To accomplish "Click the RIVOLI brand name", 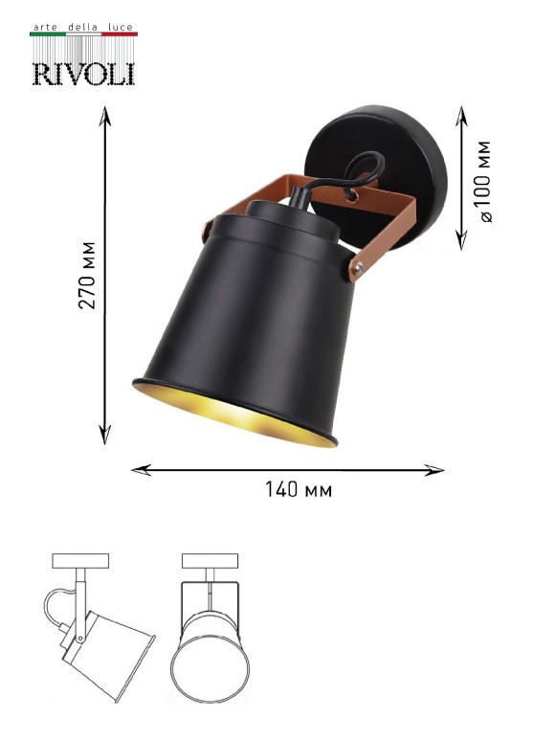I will coord(83,73).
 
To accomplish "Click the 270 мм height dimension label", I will coord(86,278).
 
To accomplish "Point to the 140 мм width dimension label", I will coord(299,491).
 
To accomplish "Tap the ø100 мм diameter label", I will coord(485,182).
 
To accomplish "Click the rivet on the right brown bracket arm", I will coord(360,270).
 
